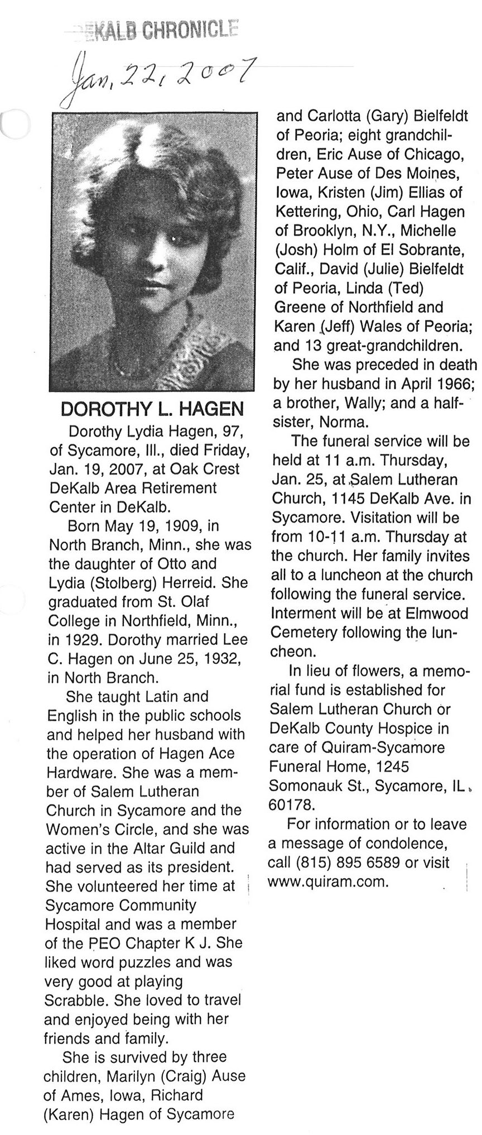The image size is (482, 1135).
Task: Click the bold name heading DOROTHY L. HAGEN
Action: coord(152,409)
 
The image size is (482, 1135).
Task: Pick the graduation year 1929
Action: coord(83,640)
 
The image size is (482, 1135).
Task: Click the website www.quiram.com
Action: coord(327,882)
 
